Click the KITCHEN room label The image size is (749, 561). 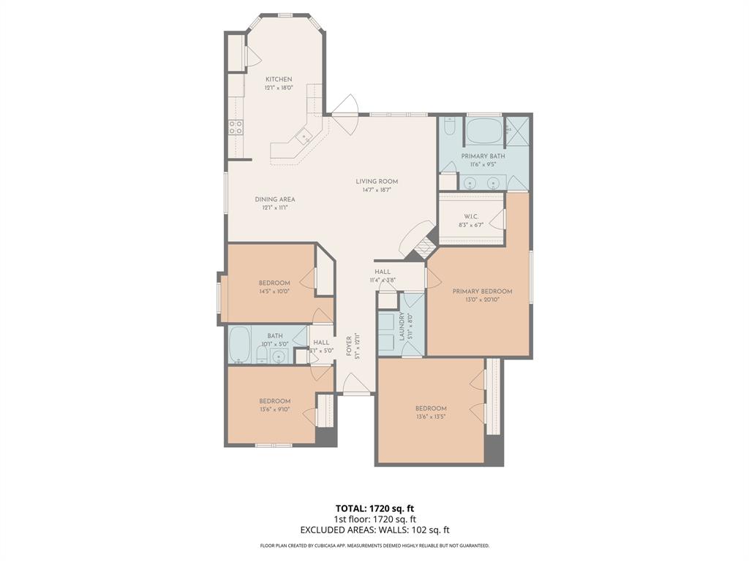279,79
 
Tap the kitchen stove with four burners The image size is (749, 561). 236,128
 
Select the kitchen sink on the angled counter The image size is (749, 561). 303,134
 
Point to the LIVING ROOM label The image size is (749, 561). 377,181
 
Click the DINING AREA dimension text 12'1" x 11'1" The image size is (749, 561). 275,207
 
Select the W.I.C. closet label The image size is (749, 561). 470,216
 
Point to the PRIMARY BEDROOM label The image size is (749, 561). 482,291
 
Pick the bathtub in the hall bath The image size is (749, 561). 240,345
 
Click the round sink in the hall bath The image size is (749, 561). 278,356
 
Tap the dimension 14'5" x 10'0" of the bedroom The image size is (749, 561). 274,291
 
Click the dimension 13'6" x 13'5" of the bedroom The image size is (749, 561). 431,416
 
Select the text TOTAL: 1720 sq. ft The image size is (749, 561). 374,508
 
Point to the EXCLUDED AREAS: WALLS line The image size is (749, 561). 374,530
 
